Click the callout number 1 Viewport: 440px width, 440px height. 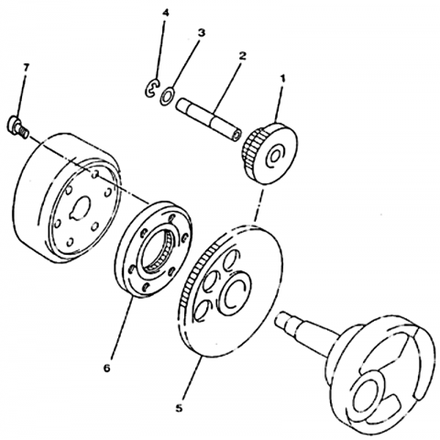(x=283, y=79)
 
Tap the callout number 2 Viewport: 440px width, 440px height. (x=242, y=56)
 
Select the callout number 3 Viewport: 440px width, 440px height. (x=201, y=33)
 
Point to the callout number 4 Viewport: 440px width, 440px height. (x=165, y=13)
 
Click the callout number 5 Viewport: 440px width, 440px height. (x=179, y=408)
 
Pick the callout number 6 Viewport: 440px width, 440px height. (x=106, y=368)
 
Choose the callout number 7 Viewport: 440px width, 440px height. (x=26, y=68)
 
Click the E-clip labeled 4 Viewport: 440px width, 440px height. (x=152, y=88)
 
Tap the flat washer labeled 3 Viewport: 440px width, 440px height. (x=167, y=96)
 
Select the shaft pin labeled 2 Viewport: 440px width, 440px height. (x=209, y=119)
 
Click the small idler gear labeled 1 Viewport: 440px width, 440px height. (x=270, y=153)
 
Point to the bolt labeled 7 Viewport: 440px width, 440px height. (x=17, y=126)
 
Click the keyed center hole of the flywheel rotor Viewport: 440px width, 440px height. (x=80, y=208)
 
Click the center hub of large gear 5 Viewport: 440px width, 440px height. (x=235, y=291)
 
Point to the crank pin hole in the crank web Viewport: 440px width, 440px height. (x=368, y=393)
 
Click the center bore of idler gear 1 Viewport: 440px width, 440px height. (x=274, y=156)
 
